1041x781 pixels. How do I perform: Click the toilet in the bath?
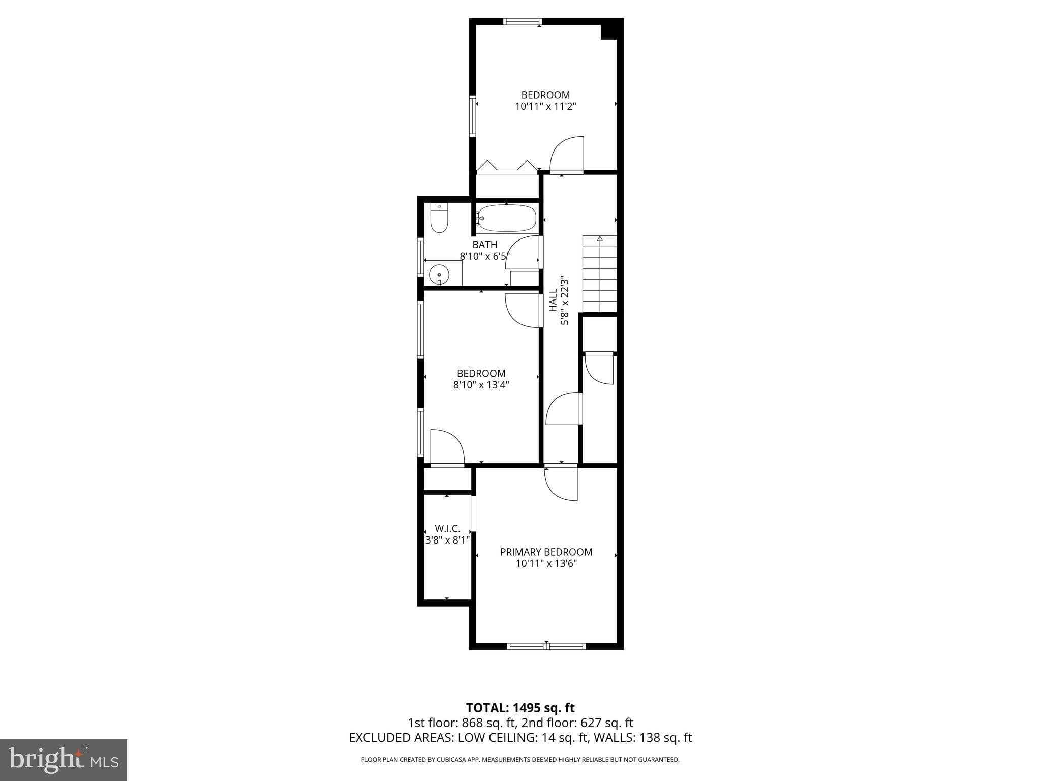tap(439, 218)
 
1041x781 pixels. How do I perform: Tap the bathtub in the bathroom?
tap(507, 219)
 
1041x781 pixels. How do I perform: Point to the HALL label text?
tap(553, 301)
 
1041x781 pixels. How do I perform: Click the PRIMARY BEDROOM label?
tap(546, 552)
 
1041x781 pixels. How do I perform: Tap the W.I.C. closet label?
tap(447, 529)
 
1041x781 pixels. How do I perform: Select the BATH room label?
tap(484, 245)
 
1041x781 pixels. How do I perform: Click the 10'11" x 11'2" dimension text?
tap(545, 107)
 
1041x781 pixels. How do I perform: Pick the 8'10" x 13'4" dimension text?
tap(481, 385)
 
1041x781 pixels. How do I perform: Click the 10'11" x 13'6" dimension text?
tap(546, 564)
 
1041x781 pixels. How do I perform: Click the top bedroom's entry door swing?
tap(567, 154)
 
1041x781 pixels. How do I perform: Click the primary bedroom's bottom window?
tap(546, 646)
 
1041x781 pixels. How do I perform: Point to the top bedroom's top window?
tap(523, 22)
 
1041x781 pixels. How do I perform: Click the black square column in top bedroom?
tap(611, 29)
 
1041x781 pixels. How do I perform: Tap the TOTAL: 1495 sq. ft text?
tap(520, 708)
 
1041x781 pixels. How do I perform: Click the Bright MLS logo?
tap(64, 760)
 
